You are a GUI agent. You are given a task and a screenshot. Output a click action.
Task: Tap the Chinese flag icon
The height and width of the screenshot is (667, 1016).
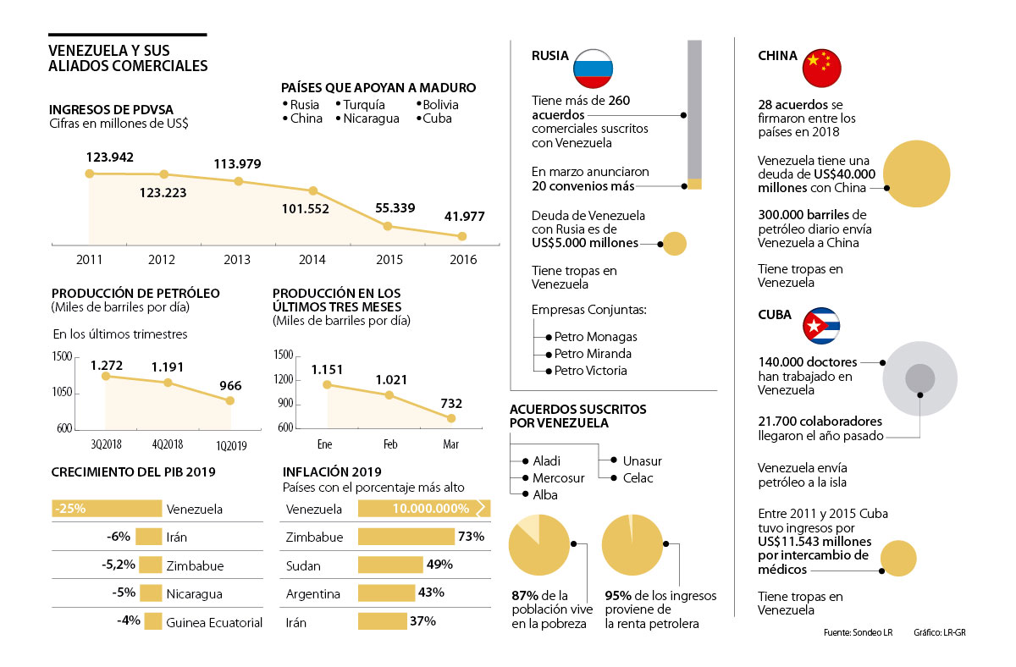pos(821,68)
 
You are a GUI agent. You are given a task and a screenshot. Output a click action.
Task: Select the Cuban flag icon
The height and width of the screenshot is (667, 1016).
pos(821,326)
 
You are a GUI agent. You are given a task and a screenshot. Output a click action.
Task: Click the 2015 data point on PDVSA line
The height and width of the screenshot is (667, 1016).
pos(387,226)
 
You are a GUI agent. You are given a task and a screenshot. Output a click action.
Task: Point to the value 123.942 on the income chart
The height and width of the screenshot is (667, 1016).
pos(109,157)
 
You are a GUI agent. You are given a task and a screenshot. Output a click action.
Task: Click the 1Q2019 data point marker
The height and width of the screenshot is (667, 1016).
pos(229,400)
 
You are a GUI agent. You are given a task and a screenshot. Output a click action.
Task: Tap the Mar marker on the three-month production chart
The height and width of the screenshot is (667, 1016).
pos(451,418)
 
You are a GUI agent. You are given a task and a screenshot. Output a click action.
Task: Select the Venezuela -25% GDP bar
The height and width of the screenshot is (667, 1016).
pos(107,509)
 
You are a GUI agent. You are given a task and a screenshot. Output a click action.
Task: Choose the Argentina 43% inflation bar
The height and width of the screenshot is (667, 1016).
pos(387,593)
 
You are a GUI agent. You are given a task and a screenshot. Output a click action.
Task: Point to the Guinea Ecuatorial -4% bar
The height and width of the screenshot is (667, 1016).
pos(152,622)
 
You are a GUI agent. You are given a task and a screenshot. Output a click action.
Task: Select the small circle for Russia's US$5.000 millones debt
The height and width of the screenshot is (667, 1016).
pos(674,244)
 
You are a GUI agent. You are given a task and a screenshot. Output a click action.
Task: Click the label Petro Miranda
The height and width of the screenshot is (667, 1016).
pos(593,354)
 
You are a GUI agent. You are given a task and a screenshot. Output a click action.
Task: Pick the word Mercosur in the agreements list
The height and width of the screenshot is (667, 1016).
pos(559,478)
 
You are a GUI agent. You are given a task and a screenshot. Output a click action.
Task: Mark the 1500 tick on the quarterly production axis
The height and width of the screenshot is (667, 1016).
pos(63,357)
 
